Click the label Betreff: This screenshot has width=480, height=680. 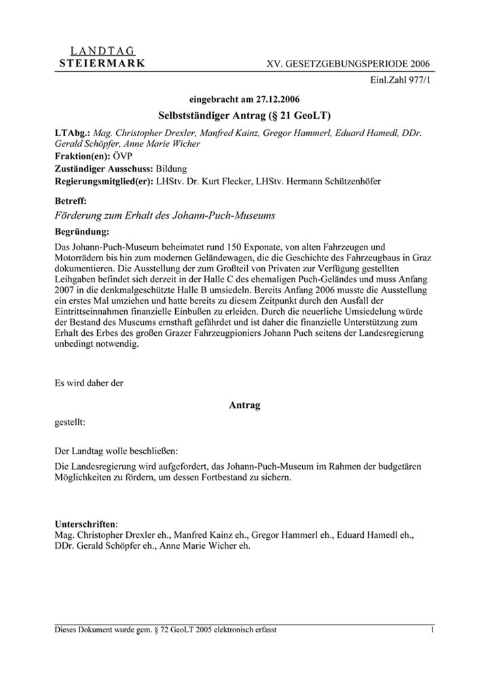click(71, 201)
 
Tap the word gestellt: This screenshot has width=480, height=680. click(70, 422)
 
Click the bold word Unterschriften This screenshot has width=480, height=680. click(85, 524)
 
